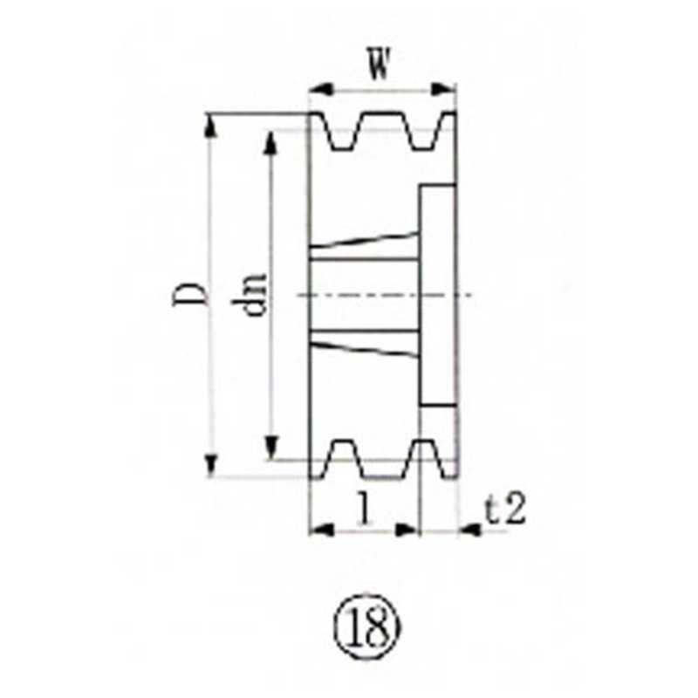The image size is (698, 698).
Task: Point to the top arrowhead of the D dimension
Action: click(x=210, y=123)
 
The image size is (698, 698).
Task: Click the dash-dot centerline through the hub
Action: click(x=384, y=295)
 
